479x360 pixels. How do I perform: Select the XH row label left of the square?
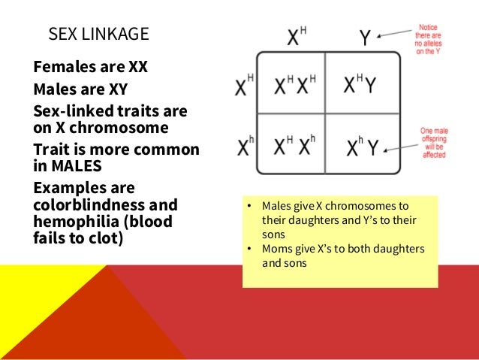(244, 87)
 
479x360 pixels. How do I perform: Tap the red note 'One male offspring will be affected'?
(433, 142)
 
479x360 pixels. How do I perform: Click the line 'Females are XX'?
(91, 67)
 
